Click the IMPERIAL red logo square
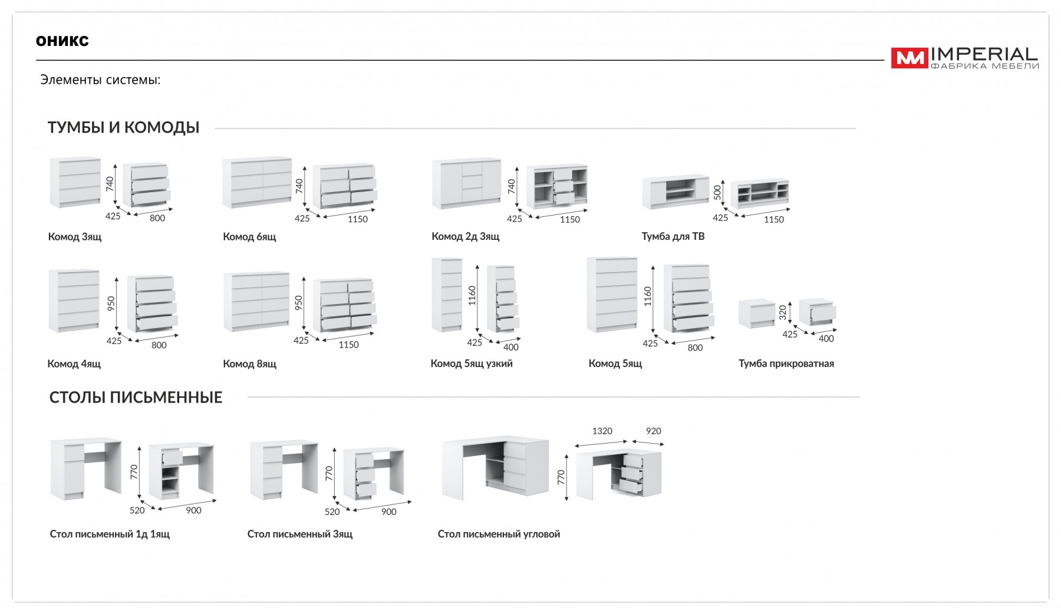pos(909,58)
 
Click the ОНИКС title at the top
pos(62,41)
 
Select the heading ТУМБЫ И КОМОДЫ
pos(124,127)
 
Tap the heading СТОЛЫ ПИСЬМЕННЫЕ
pos(136,397)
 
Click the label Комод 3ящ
pos(75,237)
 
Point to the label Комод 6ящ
pos(249,237)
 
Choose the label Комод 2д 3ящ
pos(466,236)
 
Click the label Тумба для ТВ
pos(673,236)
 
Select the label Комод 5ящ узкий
pos(472,364)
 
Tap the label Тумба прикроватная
pos(786,364)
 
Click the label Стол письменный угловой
pos(499,534)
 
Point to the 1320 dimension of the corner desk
pos(602,431)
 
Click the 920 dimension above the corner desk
pos(653,431)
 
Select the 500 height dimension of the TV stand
pos(717,193)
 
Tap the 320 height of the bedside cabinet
pos(783,312)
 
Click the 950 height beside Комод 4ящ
pos(111,303)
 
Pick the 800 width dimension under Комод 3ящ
pos(157,218)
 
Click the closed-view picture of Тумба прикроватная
pos(757,313)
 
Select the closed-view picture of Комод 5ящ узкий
pos(447,295)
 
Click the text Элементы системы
pos(100,80)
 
